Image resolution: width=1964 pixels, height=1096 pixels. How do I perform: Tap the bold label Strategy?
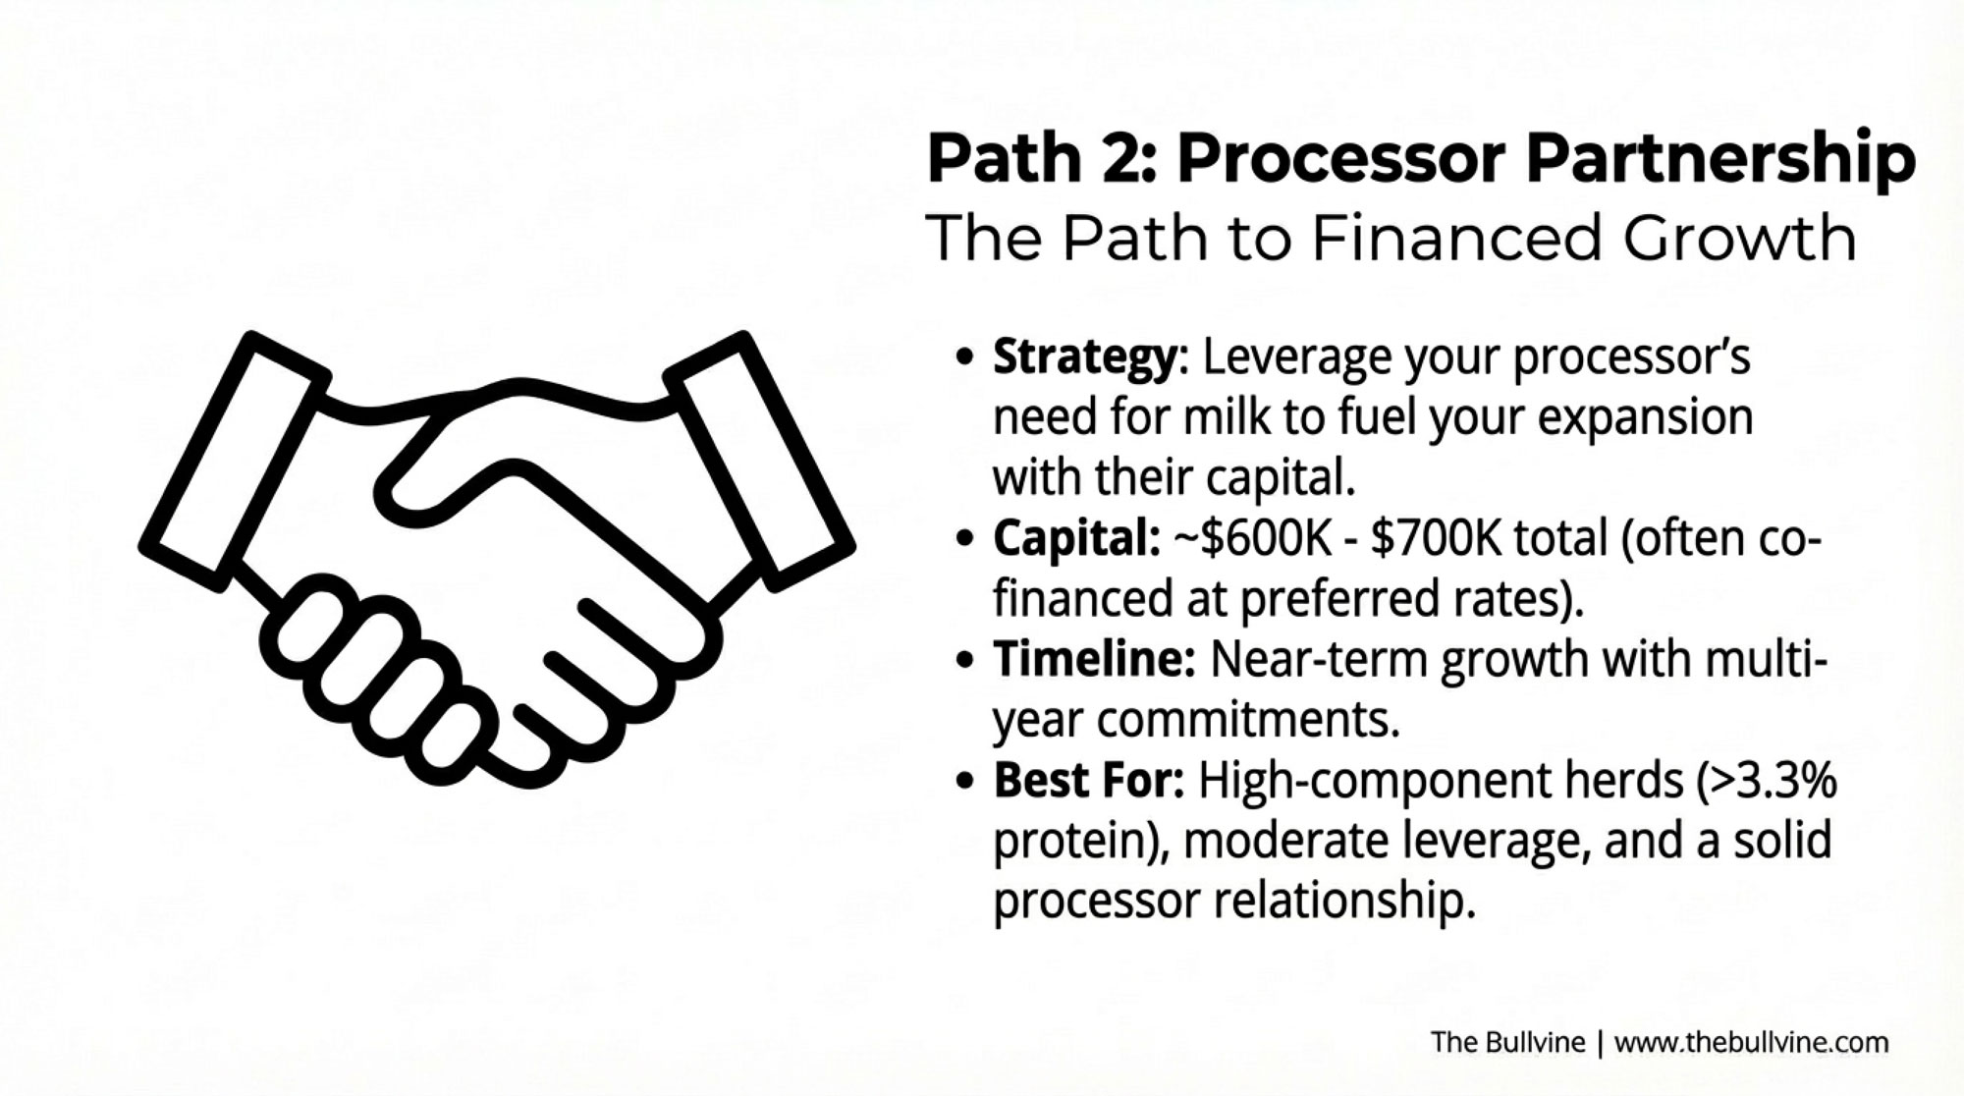tap(1084, 357)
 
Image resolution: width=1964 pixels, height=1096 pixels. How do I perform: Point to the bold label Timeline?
tap(1094, 658)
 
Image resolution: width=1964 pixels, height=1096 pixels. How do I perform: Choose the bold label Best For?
tap(1089, 781)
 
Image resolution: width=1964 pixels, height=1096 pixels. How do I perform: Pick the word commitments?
tap(1247, 721)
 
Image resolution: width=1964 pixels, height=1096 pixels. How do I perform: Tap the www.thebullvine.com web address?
tap(1751, 1042)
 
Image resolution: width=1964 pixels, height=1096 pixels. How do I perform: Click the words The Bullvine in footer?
tap(1507, 1042)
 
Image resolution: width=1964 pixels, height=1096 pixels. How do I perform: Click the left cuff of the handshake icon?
tap(234, 462)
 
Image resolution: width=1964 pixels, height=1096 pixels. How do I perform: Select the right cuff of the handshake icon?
tap(759, 462)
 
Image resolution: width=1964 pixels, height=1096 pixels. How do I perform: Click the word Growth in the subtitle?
tap(1739, 238)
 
